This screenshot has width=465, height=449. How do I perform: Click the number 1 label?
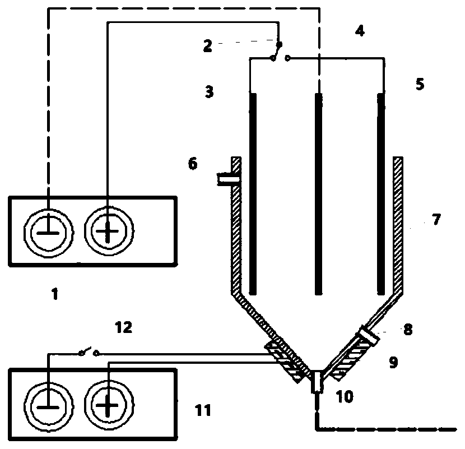[x=55, y=293]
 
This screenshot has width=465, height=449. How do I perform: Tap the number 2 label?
[x=207, y=46]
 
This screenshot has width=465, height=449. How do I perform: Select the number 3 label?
[x=209, y=91]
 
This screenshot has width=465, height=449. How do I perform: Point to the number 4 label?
[x=360, y=31]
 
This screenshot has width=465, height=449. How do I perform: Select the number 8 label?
[x=407, y=329]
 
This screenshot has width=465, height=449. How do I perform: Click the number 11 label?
[x=203, y=411]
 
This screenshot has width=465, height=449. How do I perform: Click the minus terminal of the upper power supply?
[x=49, y=230]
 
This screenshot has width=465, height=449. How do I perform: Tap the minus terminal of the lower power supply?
[x=49, y=403]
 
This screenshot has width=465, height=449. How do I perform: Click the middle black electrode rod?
[x=318, y=193]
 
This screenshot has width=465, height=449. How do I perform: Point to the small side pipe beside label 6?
[x=226, y=179]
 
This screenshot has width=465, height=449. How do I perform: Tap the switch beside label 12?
[x=89, y=353]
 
